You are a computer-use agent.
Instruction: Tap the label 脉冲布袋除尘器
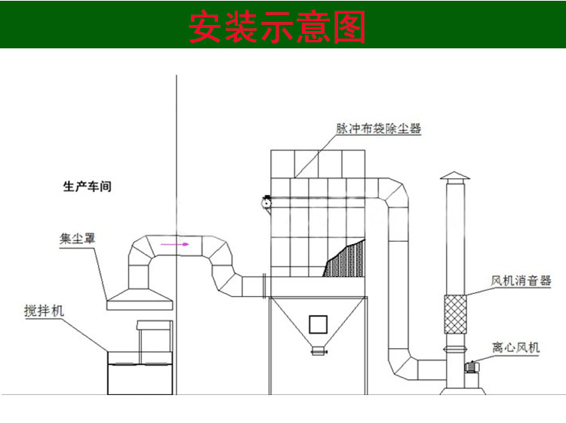tap(378, 128)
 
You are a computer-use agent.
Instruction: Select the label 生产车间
tap(88, 186)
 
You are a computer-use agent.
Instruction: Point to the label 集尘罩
tap(78, 239)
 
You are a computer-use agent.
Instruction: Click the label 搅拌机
tap(45, 310)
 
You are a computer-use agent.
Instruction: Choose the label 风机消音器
tap(521, 281)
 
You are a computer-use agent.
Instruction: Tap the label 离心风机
tap(516, 347)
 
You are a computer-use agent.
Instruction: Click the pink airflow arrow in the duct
tap(177, 245)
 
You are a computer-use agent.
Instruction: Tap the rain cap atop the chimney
tap(454, 177)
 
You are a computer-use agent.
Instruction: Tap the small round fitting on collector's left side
tap(266, 201)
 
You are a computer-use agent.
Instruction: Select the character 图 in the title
tap(349, 26)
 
